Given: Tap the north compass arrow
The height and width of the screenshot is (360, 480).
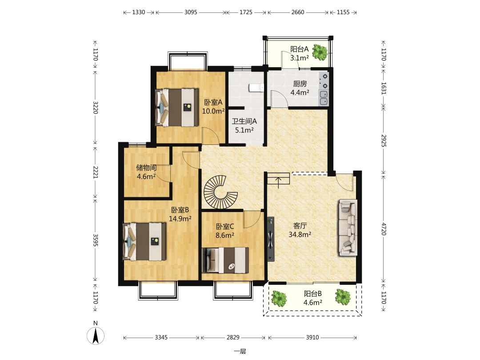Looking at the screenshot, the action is tap(96, 336).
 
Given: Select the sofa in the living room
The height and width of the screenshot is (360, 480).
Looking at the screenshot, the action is tap(348, 228).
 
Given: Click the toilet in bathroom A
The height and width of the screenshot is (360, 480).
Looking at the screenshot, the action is tap(256, 88).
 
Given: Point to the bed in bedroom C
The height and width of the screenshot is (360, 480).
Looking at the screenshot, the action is tap(225, 260).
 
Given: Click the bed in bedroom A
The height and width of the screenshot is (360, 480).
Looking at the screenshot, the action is tap(176, 107).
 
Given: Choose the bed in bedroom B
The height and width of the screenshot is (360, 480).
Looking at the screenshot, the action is tap(144, 241).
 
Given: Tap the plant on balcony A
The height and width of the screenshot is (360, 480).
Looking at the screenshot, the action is tap(320, 52).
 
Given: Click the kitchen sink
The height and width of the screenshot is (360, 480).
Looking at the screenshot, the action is tap(324, 98).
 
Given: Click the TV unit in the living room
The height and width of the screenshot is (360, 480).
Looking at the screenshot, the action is tap(270, 239).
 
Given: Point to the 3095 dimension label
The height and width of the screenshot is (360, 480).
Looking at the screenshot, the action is tap(191, 12).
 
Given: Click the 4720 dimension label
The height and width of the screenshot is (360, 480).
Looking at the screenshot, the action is tap(384, 229).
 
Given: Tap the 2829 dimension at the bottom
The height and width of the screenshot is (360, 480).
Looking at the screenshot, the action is tap(233, 337).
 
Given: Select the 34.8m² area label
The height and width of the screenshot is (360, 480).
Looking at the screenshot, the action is tap(300, 235).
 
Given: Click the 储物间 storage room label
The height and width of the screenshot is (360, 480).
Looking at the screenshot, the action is tap(146, 168).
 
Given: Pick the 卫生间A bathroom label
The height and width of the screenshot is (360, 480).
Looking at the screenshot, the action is tap(244, 121).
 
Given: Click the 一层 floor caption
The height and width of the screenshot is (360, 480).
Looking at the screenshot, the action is tap(240, 352).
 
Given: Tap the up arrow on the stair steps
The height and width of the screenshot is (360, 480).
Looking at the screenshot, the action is tap(278, 183).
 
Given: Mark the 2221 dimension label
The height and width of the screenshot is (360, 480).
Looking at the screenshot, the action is tap(96, 172).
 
